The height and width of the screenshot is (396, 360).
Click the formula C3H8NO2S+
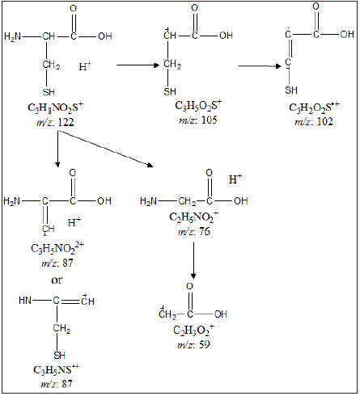[x=56, y=107]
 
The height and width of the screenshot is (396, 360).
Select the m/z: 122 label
[x=55, y=122]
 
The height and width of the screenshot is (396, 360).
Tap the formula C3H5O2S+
[x=198, y=105]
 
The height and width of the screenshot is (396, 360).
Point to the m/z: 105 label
[x=198, y=120]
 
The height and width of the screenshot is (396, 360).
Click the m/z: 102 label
[x=314, y=121]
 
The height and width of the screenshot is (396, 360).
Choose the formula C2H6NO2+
[x=193, y=217]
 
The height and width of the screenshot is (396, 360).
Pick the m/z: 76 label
[x=193, y=231]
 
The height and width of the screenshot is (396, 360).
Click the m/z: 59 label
[x=193, y=344]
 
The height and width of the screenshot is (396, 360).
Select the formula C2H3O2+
[x=193, y=330]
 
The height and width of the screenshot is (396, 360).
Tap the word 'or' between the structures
[x=57, y=280]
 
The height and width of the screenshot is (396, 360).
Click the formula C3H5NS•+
[x=57, y=369]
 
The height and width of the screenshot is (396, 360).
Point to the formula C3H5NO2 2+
[x=57, y=248]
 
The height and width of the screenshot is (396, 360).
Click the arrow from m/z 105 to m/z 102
[x=260, y=66]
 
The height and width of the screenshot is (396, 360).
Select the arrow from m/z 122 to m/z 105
[x=138, y=65]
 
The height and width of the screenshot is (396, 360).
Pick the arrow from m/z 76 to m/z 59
[x=193, y=260]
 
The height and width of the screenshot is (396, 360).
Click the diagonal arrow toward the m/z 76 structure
[x=106, y=149]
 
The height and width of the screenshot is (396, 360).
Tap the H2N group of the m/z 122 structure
[x=13, y=36]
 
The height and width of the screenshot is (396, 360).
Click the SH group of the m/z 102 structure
[x=291, y=90]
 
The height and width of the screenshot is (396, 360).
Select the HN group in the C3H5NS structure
[x=25, y=300]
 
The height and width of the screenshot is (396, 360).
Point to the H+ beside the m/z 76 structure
[x=235, y=179]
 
